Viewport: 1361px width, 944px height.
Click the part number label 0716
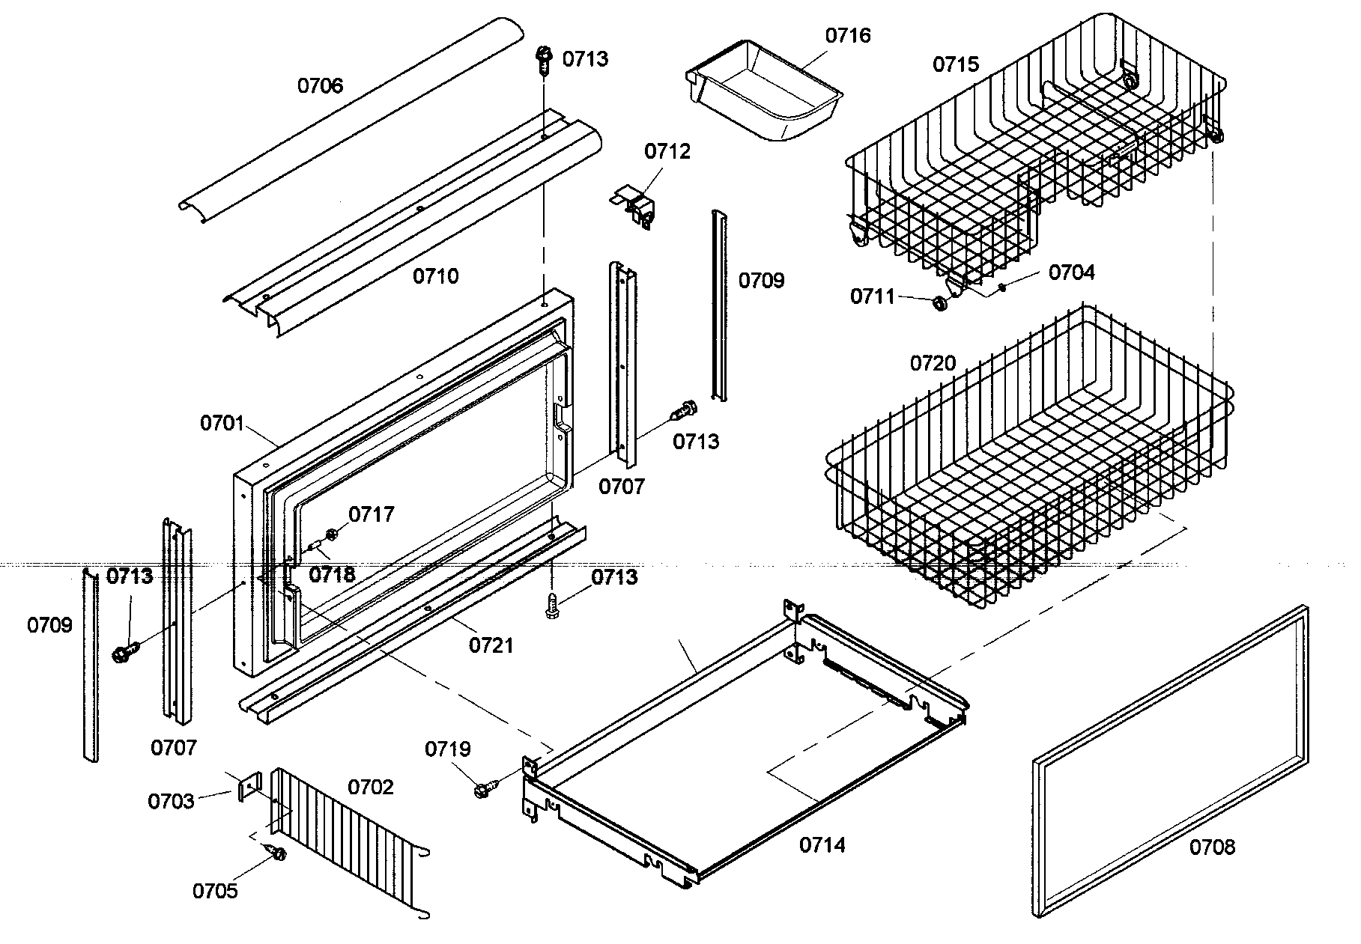pos(848,35)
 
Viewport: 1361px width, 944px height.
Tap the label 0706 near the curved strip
pos(320,86)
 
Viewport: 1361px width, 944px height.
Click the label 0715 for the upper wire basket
pos(955,64)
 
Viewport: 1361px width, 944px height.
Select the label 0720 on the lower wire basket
pos(933,364)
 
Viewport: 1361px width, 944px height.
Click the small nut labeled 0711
pos(940,304)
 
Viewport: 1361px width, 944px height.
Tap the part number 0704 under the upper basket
pos(1071,272)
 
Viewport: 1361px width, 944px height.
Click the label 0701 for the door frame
pos(222,424)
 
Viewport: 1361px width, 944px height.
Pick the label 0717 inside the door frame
pos(372,515)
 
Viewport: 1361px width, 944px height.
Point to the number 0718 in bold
pos(333,575)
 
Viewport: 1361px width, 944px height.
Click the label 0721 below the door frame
pos(491,645)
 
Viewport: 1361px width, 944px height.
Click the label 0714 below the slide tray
pos(822,845)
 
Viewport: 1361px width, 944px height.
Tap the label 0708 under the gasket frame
pos(1212,847)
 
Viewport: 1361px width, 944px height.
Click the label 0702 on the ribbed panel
pos(370,787)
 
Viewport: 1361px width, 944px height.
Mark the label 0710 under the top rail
pos(435,276)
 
